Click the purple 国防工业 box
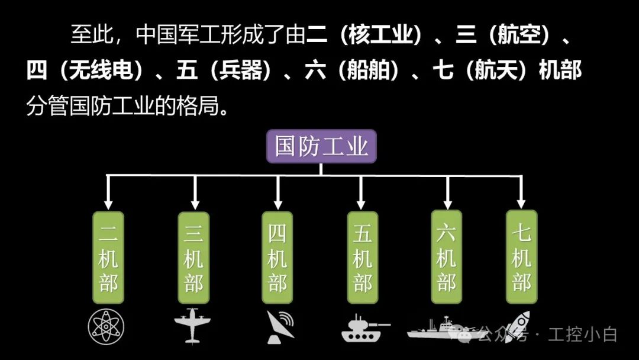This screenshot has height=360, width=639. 321,146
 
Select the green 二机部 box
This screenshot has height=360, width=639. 108,258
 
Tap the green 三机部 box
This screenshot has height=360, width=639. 193,258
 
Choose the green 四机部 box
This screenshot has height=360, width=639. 277,258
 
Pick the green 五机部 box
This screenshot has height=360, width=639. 362,258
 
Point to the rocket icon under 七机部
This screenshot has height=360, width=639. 519,324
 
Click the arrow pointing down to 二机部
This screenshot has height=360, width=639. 108,192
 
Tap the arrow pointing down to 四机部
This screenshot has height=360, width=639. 277,192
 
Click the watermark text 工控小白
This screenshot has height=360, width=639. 582,335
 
